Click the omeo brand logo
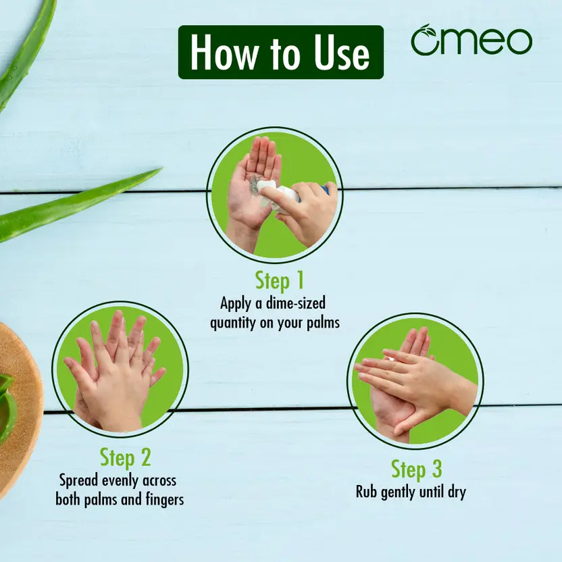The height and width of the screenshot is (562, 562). [x=471, y=40]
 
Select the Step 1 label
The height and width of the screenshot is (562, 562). [x=279, y=280]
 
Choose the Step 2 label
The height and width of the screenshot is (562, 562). [x=125, y=458]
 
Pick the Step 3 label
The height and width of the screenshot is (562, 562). [x=417, y=469]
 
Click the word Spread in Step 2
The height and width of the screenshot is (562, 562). [x=78, y=481]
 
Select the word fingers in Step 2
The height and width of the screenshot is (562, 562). [x=165, y=500]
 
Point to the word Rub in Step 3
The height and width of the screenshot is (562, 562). [x=366, y=492]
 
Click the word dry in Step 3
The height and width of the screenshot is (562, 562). [x=457, y=492]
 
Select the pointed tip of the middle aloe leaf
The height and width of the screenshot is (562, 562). [x=162, y=168]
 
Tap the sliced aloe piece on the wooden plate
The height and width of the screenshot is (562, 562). [x=7, y=409]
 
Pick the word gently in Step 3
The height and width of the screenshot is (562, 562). [x=399, y=492]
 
